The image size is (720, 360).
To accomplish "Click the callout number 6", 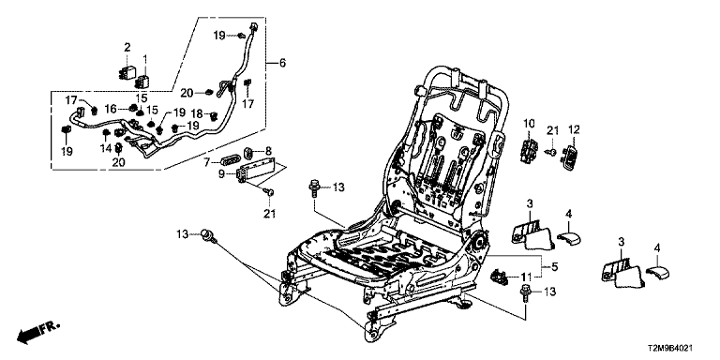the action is pos(282,63).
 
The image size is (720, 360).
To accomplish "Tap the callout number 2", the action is pos(127,47).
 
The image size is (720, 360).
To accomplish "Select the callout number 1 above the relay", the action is pos(145,58).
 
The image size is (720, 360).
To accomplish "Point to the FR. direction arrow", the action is pos(37,332).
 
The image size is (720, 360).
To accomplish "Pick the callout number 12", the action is pos(574,129).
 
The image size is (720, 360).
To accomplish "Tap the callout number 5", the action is pos(555,266).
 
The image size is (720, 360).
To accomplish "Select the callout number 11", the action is pos(526,277).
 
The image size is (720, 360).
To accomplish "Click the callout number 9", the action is pos(221,174).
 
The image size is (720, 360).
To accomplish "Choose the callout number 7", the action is pos(207,161).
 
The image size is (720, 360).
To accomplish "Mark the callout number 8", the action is pos(269,150).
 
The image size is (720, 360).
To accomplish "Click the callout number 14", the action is pos(107,148).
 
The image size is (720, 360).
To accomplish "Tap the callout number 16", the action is pos(111,109).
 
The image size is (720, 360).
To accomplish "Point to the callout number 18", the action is pos(197,113).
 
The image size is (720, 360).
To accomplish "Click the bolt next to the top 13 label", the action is pos(314,188).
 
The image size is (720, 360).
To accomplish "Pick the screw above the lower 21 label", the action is pos(270,193).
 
